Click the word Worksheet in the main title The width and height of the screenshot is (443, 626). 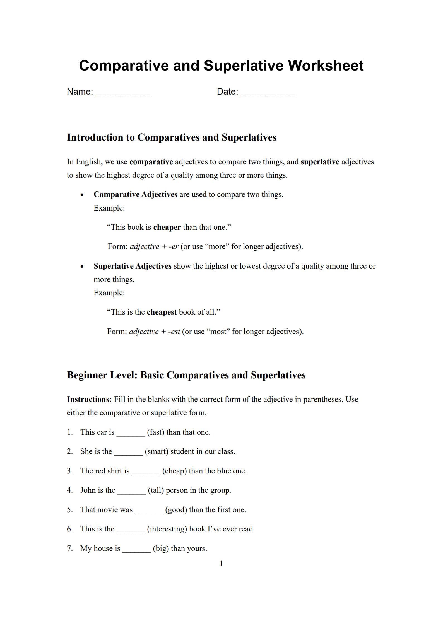[x=326, y=66]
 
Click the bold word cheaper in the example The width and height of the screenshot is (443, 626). [x=167, y=227]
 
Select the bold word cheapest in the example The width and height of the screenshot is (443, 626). [x=162, y=312]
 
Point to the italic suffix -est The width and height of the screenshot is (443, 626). [x=174, y=332]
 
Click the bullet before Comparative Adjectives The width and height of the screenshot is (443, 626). [x=82, y=195]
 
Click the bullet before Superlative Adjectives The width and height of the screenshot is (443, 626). [x=82, y=267]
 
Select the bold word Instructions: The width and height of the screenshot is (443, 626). [x=89, y=399]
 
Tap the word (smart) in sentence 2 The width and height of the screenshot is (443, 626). [x=157, y=451]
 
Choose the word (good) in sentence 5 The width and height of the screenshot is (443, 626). [x=176, y=510]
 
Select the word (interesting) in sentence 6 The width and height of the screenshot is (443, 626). [x=167, y=529]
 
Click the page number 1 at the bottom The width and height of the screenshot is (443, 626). [x=221, y=564]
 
